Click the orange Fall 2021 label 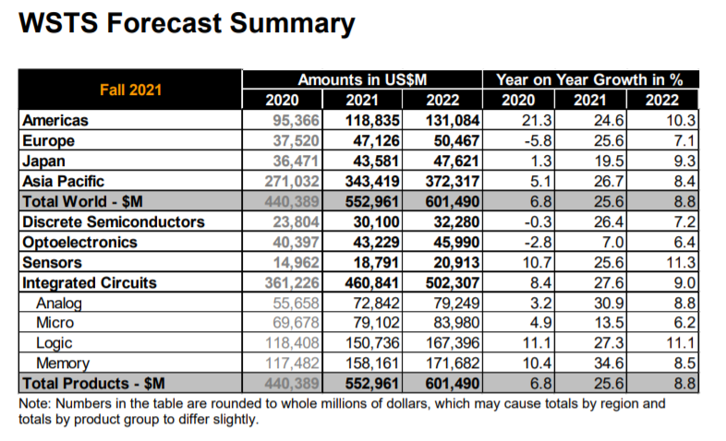tap(130, 89)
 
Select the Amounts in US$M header tap(361, 79)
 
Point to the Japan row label tap(46, 161)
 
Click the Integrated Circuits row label tap(90, 283)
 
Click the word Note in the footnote tap(34, 403)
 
